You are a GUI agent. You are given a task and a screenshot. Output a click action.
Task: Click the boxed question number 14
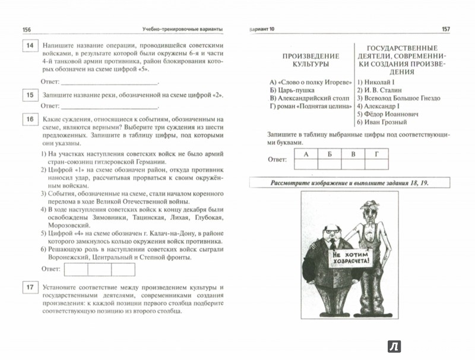(x=27, y=46)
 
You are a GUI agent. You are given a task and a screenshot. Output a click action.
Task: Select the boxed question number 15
(x=27, y=94)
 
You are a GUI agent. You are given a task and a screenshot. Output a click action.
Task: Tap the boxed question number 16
(x=27, y=121)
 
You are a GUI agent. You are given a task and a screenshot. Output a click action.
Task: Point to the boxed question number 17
(x=27, y=288)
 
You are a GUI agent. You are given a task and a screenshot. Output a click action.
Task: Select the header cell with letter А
(x=307, y=153)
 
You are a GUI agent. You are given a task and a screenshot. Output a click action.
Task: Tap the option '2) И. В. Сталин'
(x=381, y=90)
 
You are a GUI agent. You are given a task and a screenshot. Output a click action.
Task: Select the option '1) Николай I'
(x=376, y=80)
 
